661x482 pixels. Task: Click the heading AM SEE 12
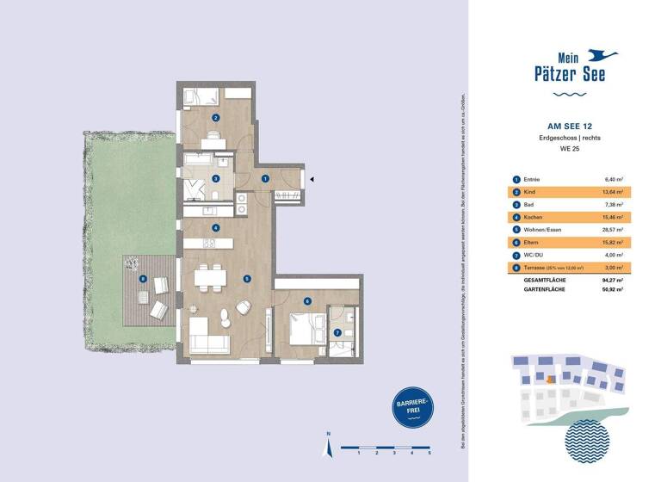pyautogui.click(x=568, y=125)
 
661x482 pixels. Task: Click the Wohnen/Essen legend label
pyautogui.click(x=543, y=230)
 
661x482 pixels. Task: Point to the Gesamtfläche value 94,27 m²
pyautogui.click(x=610, y=281)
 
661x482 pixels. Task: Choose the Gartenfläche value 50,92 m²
pyautogui.click(x=610, y=290)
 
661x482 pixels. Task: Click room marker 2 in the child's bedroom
pyautogui.click(x=215, y=118)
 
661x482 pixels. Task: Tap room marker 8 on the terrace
pyautogui.click(x=143, y=278)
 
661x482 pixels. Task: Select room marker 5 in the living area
pyautogui.click(x=246, y=279)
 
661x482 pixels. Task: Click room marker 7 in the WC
pyautogui.click(x=337, y=332)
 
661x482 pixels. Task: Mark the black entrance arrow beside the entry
pyautogui.click(x=312, y=179)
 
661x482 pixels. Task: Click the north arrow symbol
pyautogui.click(x=326, y=447)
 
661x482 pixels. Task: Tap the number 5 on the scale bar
pyautogui.click(x=429, y=453)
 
